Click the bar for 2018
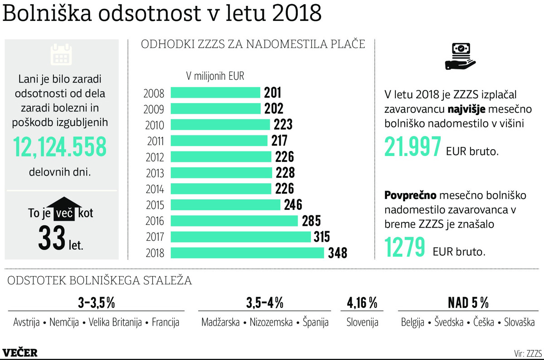[x=248, y=253]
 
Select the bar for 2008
[x=215, y=93]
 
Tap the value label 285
[x=311, y=221]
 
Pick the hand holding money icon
[x=459, y=56]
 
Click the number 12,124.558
[x=60, y=147]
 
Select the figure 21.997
[x=413, y=147]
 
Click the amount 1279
[x=405, y=247]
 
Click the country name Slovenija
[x=362, y=322]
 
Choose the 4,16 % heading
[x=362, y=302]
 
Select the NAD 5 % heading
[x=468, y=302]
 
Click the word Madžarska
[x=220, y=322]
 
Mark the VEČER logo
[x=20, y=353]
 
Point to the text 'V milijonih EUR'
[x=215, y=76]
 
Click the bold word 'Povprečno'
[x=411, y=195]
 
